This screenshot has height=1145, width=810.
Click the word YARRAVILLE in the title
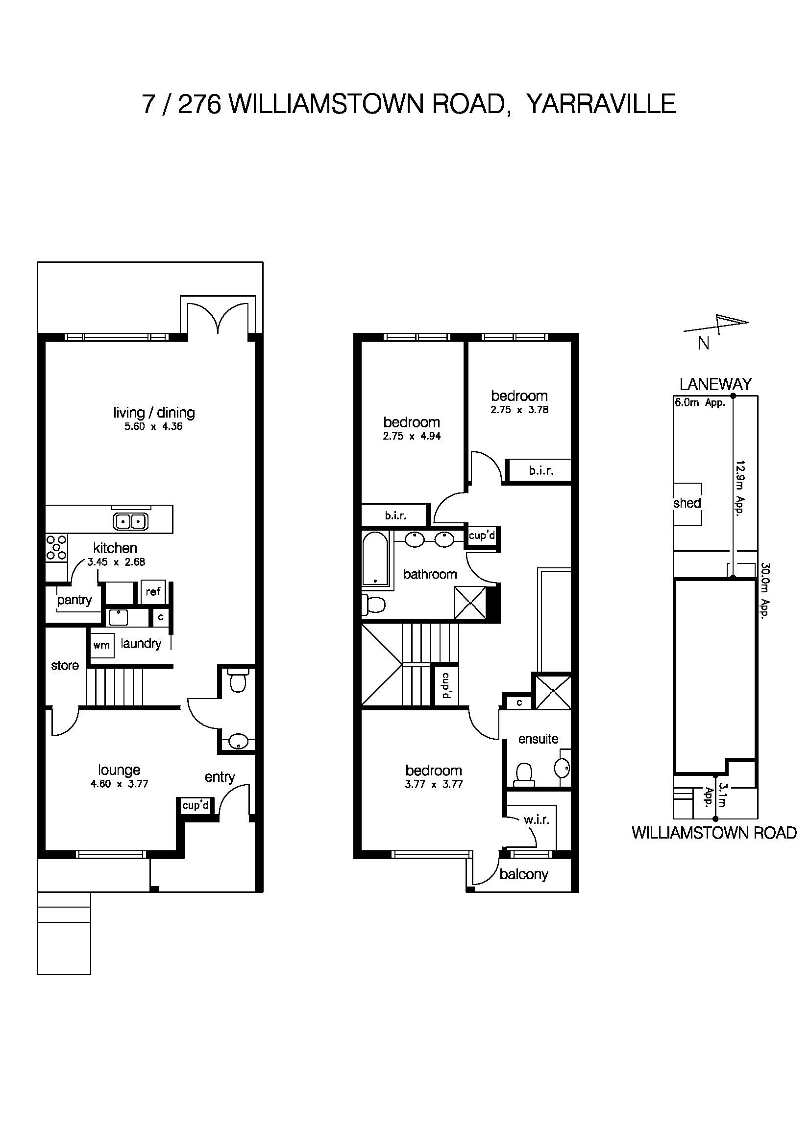601,104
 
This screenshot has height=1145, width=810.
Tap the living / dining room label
154,412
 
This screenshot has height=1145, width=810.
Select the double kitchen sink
130,521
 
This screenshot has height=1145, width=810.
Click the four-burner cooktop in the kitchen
56,547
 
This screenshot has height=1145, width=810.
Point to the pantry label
74,600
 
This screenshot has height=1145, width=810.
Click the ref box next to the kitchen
153,591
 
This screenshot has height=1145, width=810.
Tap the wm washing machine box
101,645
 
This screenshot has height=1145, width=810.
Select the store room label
65,665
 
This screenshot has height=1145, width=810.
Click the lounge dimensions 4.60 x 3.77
119,783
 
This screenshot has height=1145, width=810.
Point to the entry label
220,776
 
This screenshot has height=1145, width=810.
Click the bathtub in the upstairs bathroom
374,559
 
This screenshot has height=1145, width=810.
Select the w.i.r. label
537,819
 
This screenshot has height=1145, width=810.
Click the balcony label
523,874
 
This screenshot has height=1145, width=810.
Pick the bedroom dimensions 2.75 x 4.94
412,436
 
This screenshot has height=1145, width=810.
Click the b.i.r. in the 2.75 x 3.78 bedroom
541,470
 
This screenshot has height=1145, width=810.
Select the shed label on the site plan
687,503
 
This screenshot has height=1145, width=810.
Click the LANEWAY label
715,384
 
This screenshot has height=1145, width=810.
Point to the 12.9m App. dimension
740,487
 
